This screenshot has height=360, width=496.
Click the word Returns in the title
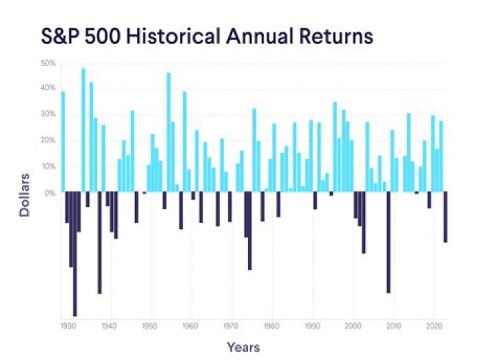[332, 36]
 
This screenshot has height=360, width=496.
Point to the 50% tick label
[48, 63]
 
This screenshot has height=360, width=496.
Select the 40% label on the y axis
[48, 88]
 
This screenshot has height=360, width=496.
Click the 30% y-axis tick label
[48, 114]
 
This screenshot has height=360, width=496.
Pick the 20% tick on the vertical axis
[48, 140]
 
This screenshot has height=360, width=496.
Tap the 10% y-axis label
[48, 167]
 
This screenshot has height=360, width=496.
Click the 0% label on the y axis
[50, 193]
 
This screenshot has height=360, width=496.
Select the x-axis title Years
[244, 347]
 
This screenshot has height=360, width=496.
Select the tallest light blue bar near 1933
[83, 131]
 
